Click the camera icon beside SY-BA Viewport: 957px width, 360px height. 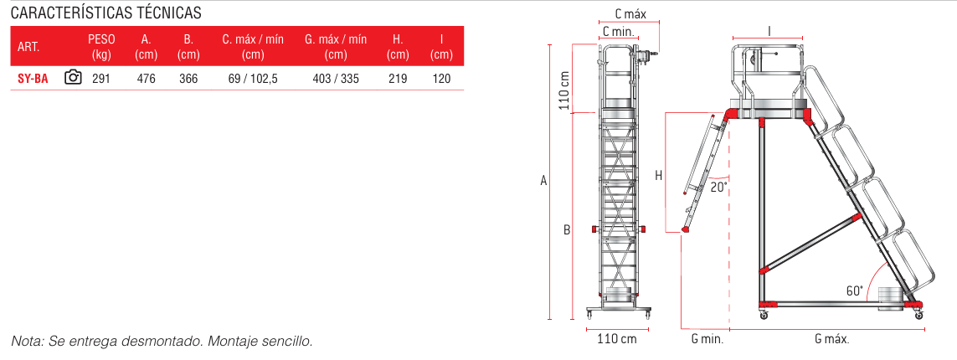point(73,78)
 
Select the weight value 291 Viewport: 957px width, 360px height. point(101,78)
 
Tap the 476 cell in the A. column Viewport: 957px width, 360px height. point(147,78)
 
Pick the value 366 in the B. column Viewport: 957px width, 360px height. point(188,78)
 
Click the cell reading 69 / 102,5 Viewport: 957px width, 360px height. point(254,78)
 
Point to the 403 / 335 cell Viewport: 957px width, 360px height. point(336,78)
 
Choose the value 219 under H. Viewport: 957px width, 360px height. point(398,78)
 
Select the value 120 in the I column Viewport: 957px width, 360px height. point(441,78)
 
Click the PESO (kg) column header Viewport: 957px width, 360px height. point(101,47)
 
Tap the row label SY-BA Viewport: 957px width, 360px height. point(33,78)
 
